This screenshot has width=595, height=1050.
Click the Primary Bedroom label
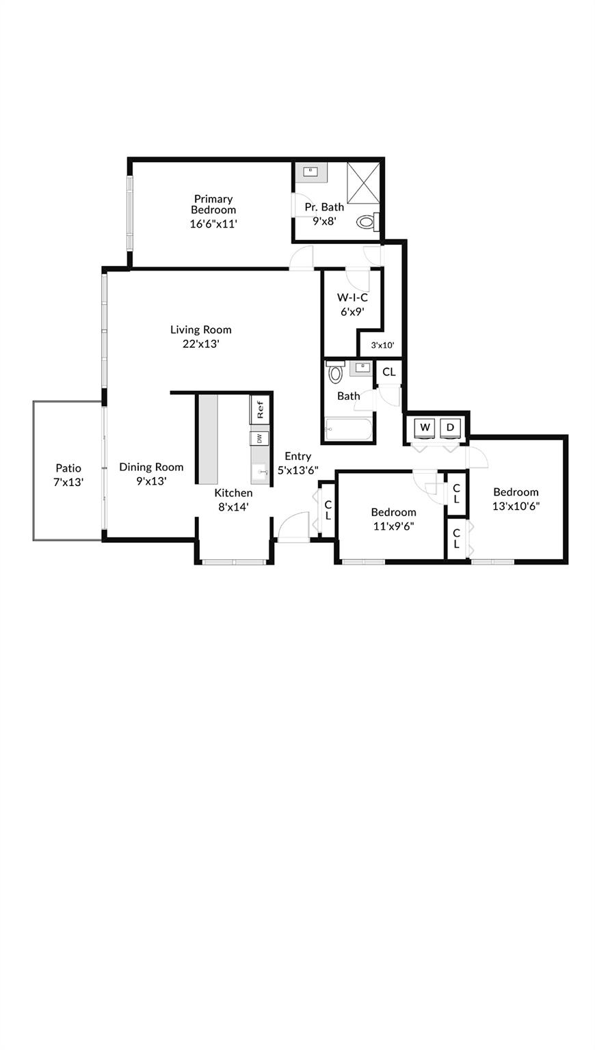pyautogui.click(x=213, y=204)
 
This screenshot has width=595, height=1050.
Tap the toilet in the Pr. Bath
pyautogui.click(x=367, y=221)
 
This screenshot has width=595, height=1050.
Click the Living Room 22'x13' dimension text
pyautogui.click(x=200, y=344)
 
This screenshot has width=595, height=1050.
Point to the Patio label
pyautogui.click(x=68, y=468)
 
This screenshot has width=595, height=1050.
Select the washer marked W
pyautogui.click(x=425, y=427)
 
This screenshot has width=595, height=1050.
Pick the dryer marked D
pyautogui.click(x=450, y=427)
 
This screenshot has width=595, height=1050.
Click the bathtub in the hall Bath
pyautogui.click(x=349, y=430)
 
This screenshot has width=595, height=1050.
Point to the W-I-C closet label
pyautogui.click(x=352, y=297)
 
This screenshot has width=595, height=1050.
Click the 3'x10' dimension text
pyautogui.click(x=382, y=345)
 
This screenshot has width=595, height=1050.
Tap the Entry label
pyautogui.click(x=297, y=456)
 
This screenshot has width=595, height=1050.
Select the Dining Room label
pyautogui.click(x=151, y=467)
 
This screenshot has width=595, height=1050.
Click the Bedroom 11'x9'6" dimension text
pyautogui.click(x=393, y=526)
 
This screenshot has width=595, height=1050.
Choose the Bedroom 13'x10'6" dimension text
pyautogui.click(x=516, y=506)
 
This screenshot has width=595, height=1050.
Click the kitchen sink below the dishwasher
pyautogui.click(x=261, y=472)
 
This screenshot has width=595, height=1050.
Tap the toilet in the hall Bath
pyautogui.click(x=335, y=373)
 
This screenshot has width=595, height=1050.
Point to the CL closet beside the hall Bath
pyautogui.click(x=388, y=372)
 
